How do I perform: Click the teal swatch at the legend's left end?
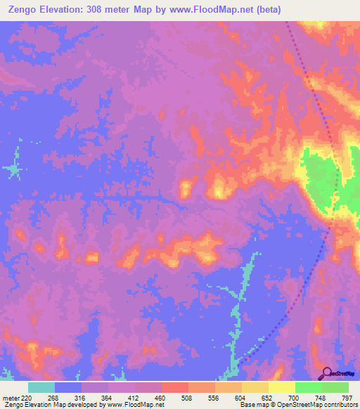tap(41, 387)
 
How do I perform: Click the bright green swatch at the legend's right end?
tap(335, 387)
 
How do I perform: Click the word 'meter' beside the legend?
tap(10, 398)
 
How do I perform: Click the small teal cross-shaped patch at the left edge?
tap(12, 169)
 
